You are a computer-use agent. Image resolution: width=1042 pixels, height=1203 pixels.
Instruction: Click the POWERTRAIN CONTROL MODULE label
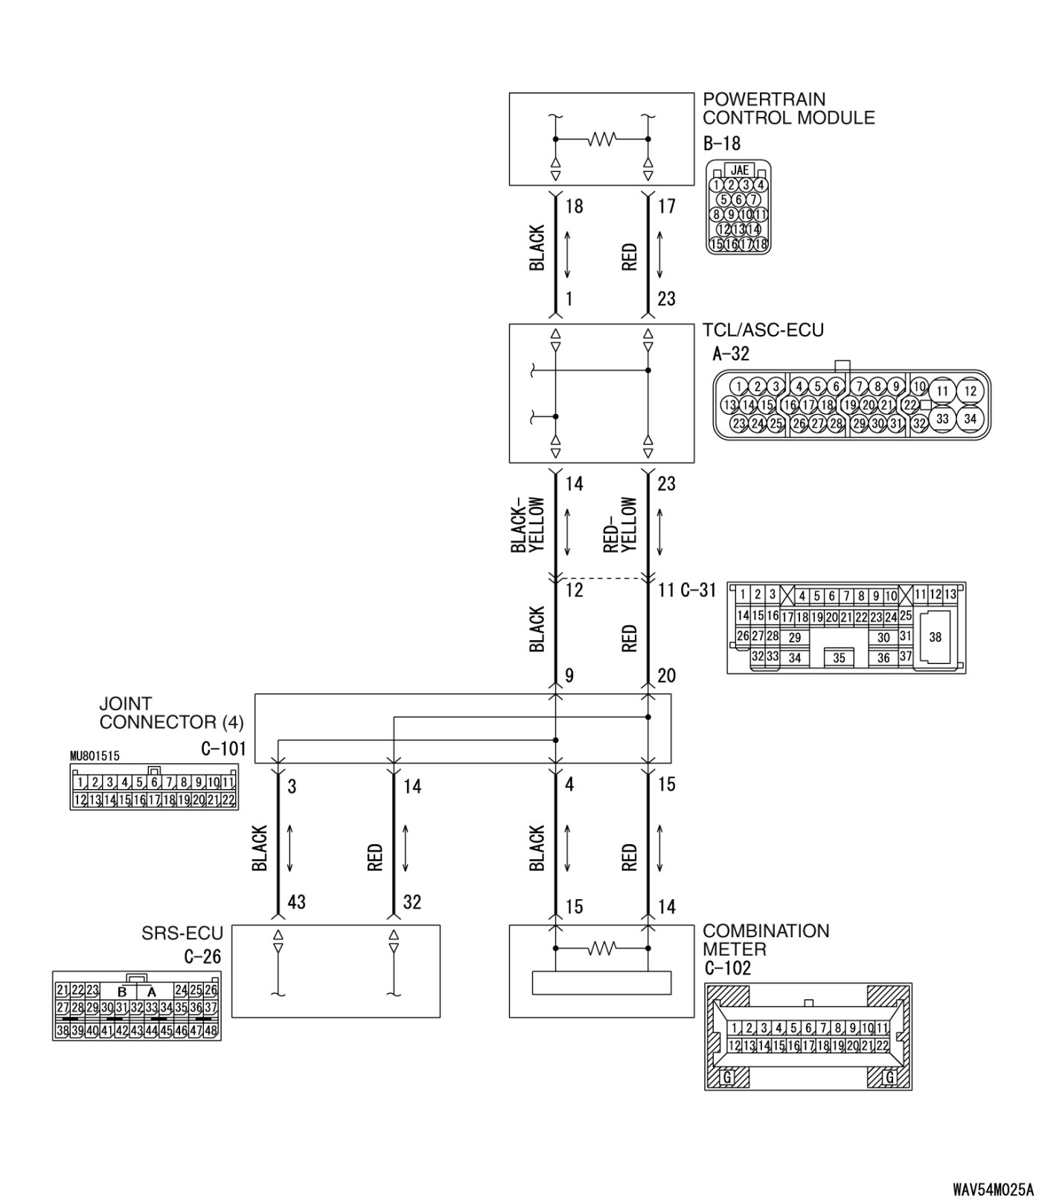coord(788,109)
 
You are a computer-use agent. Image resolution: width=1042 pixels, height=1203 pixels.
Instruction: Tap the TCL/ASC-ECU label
coord(763,330)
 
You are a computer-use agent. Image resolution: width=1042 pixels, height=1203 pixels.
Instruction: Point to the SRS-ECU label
coord(182,934)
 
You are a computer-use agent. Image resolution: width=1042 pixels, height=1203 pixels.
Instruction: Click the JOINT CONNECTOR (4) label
coord(171,713)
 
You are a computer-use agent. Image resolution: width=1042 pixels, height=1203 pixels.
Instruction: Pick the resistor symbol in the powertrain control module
coord(601,139)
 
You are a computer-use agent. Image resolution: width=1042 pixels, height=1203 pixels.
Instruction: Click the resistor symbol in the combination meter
coord(601,948)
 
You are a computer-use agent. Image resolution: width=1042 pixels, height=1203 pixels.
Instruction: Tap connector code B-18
coord(721,143)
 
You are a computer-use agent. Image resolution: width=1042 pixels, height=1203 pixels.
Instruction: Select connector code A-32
coord(731,354)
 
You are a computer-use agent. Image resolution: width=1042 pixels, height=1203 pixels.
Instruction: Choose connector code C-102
coord(727,969)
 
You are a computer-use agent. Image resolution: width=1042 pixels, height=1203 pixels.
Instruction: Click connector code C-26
coord(202,957)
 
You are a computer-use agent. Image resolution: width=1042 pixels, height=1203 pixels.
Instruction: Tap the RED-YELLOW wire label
coord(621,525)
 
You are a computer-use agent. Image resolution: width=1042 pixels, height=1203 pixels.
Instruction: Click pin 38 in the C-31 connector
coord(935,637)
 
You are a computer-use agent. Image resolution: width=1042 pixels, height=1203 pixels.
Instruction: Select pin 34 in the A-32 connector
coord(970,418)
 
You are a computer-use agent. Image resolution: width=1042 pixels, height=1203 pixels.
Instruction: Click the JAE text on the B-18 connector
coord(739,170)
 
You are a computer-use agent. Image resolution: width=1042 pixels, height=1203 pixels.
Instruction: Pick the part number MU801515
coord(95,756)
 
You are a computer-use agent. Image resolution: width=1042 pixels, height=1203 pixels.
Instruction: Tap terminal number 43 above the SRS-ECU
coord(296,902)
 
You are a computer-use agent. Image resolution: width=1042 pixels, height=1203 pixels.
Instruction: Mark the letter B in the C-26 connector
coord(122,992)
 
